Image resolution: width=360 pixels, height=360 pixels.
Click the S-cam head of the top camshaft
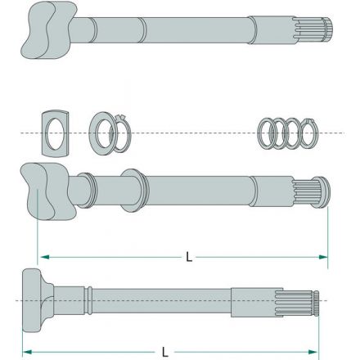[x=49, y=30]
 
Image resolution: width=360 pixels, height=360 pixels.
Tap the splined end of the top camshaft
[x=313, y=29]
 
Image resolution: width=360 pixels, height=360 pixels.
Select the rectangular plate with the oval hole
[x=56, y=133]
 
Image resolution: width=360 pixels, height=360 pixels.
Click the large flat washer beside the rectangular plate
[x=101, y=133]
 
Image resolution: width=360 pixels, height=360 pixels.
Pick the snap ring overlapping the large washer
[x=120, y=133]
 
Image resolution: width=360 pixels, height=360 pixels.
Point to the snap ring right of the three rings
[x=308, y=133]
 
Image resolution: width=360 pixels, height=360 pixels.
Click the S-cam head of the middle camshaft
[x=48, y=191]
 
